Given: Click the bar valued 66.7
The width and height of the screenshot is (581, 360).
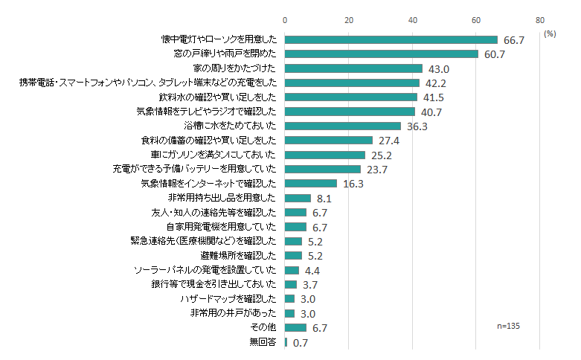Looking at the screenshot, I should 391,39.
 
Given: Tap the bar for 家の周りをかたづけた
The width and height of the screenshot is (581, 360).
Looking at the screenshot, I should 353,68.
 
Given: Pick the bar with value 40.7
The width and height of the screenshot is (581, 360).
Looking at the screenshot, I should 350,112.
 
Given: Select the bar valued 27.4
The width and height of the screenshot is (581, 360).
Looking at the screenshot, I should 328,141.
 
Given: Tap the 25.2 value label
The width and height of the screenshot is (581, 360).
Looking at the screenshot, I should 380,155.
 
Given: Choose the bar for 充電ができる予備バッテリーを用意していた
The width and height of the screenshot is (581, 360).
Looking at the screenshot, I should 322,169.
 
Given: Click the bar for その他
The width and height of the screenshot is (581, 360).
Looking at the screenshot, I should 295,327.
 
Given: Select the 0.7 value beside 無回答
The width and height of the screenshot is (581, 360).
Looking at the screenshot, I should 301,343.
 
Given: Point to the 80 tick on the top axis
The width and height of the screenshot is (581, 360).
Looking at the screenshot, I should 540,20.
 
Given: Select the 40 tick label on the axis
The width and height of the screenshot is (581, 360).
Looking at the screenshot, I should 412,20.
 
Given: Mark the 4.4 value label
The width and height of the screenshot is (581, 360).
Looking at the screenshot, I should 312,270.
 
